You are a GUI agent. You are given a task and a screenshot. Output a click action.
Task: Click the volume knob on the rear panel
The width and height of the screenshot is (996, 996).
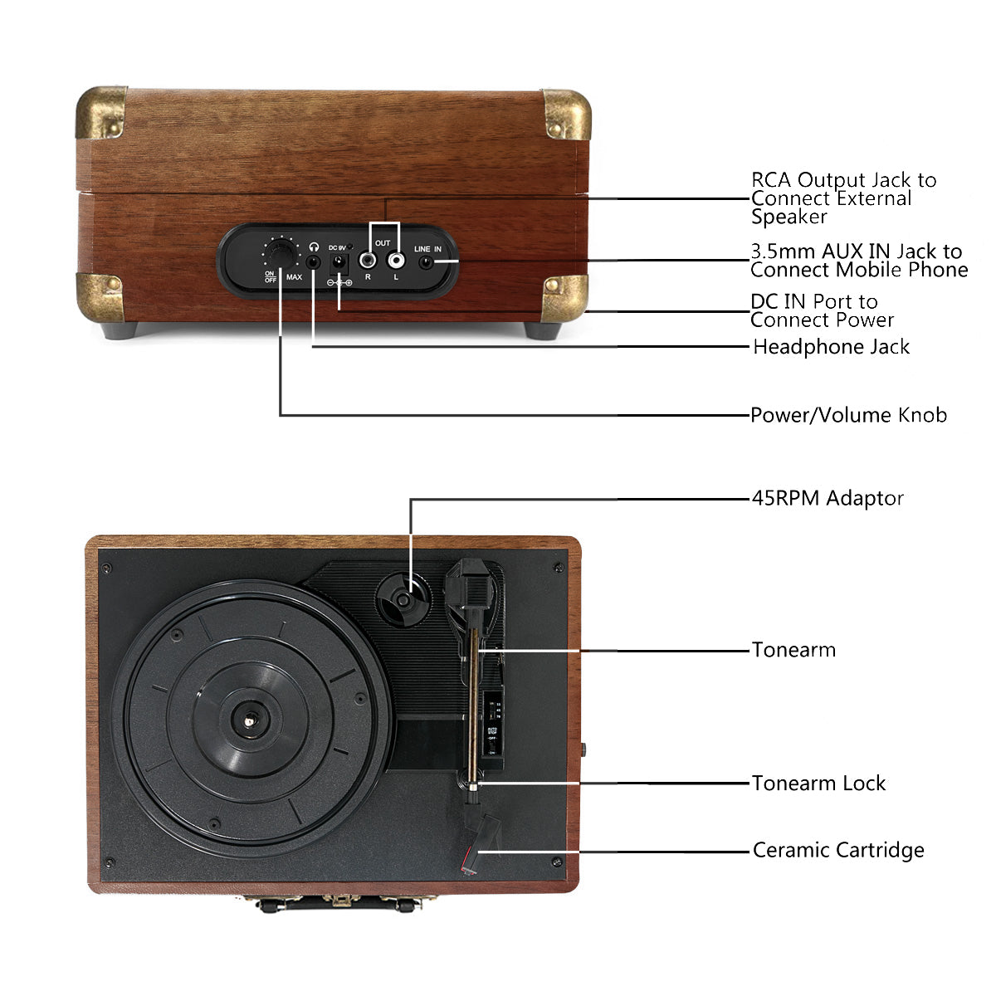click(x=281, y=251)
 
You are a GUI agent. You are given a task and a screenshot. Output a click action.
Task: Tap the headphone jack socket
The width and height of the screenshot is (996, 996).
click(x=313, y=262)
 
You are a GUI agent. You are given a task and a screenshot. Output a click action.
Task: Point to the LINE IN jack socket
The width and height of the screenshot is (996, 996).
click(x=427, y=263)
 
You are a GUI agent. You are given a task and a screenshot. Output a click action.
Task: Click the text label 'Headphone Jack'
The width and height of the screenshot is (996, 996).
click(x=831, y=347)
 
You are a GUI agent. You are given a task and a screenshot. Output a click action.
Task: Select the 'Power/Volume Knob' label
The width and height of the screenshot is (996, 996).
click(x=848, y=415)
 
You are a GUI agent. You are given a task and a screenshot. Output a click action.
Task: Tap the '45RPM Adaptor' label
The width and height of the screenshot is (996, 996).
click(x=828, y=498)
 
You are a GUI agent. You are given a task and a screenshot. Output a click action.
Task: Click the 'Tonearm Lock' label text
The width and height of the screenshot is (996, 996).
click(x=818, y=783)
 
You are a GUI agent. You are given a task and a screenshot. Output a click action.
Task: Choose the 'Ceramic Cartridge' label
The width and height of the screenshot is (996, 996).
click(x=838, y=850)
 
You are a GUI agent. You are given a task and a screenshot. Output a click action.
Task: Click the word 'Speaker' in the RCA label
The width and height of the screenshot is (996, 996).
click(x=788, y=217)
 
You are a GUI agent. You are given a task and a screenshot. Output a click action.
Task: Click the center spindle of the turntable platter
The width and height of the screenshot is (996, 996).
click(x=250, y=720)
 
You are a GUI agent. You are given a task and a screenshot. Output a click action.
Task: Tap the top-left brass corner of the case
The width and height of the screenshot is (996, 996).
click(x=101, y=111)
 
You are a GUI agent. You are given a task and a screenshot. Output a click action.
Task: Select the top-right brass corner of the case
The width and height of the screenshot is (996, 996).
click(x=567, y=114)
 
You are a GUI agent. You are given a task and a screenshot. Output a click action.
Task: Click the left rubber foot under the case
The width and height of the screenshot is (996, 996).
click(x=121, y=330)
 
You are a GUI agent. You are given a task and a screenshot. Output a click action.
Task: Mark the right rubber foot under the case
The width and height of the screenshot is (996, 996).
click(x=543, y=330)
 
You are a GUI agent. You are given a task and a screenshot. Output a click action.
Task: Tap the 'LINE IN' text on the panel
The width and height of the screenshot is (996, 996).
click(x=427, y=249)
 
